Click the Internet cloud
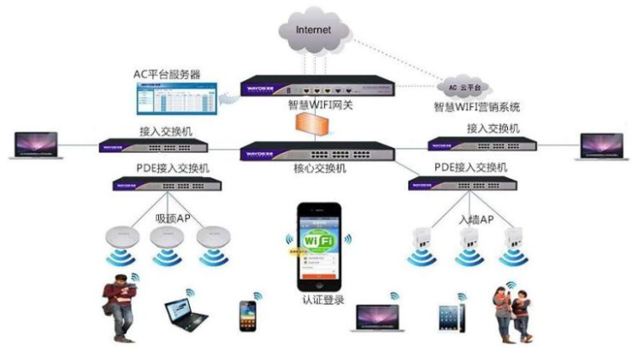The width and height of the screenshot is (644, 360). [314, 31]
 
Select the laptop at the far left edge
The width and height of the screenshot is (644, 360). [33, 145]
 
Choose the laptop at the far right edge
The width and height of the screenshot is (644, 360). [604, 145]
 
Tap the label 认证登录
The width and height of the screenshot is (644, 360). [322, 300]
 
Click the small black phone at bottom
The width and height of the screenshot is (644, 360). [247, 315]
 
